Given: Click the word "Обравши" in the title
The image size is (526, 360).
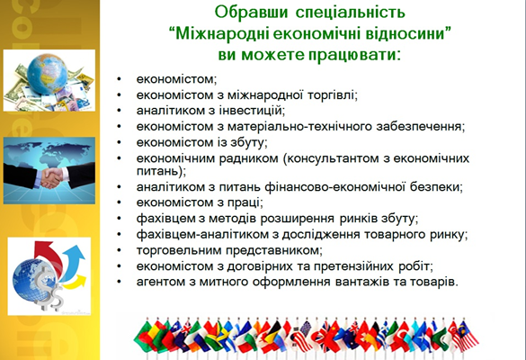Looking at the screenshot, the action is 251,12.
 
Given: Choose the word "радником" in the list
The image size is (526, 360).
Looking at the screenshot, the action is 248,158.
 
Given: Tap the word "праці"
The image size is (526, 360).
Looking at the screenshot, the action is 245,202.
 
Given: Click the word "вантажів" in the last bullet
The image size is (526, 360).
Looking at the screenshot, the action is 361,282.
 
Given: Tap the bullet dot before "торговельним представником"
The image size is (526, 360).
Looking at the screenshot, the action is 119,251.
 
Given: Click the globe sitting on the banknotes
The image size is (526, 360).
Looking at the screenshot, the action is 47,74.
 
